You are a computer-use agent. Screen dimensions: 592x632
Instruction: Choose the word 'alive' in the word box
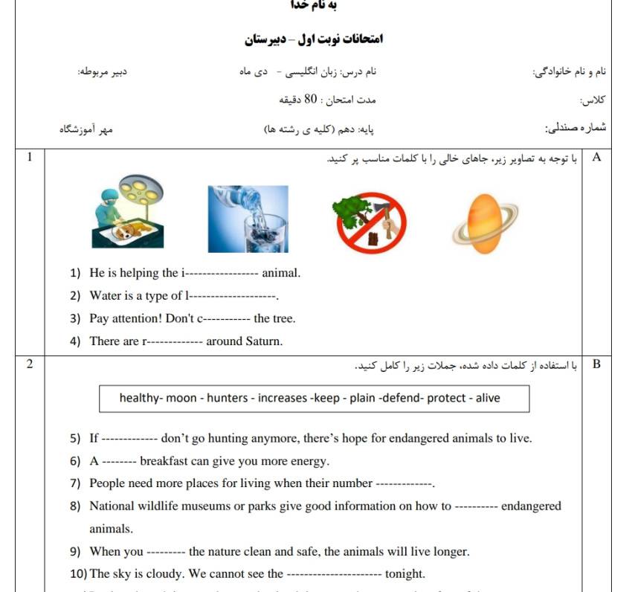(x=488, y=398)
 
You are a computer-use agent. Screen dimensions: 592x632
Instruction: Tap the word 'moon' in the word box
(x=181, y=398)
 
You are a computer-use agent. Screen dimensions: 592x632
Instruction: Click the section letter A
(x=596, y=158)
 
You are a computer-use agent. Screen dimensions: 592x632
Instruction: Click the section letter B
(x=596, y=364)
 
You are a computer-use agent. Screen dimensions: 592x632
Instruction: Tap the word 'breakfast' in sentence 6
(x=164, y=461)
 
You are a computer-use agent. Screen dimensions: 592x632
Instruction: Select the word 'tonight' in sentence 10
(x=405, y=573)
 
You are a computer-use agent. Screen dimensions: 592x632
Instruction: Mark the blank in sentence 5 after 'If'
(x=129, y=439)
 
